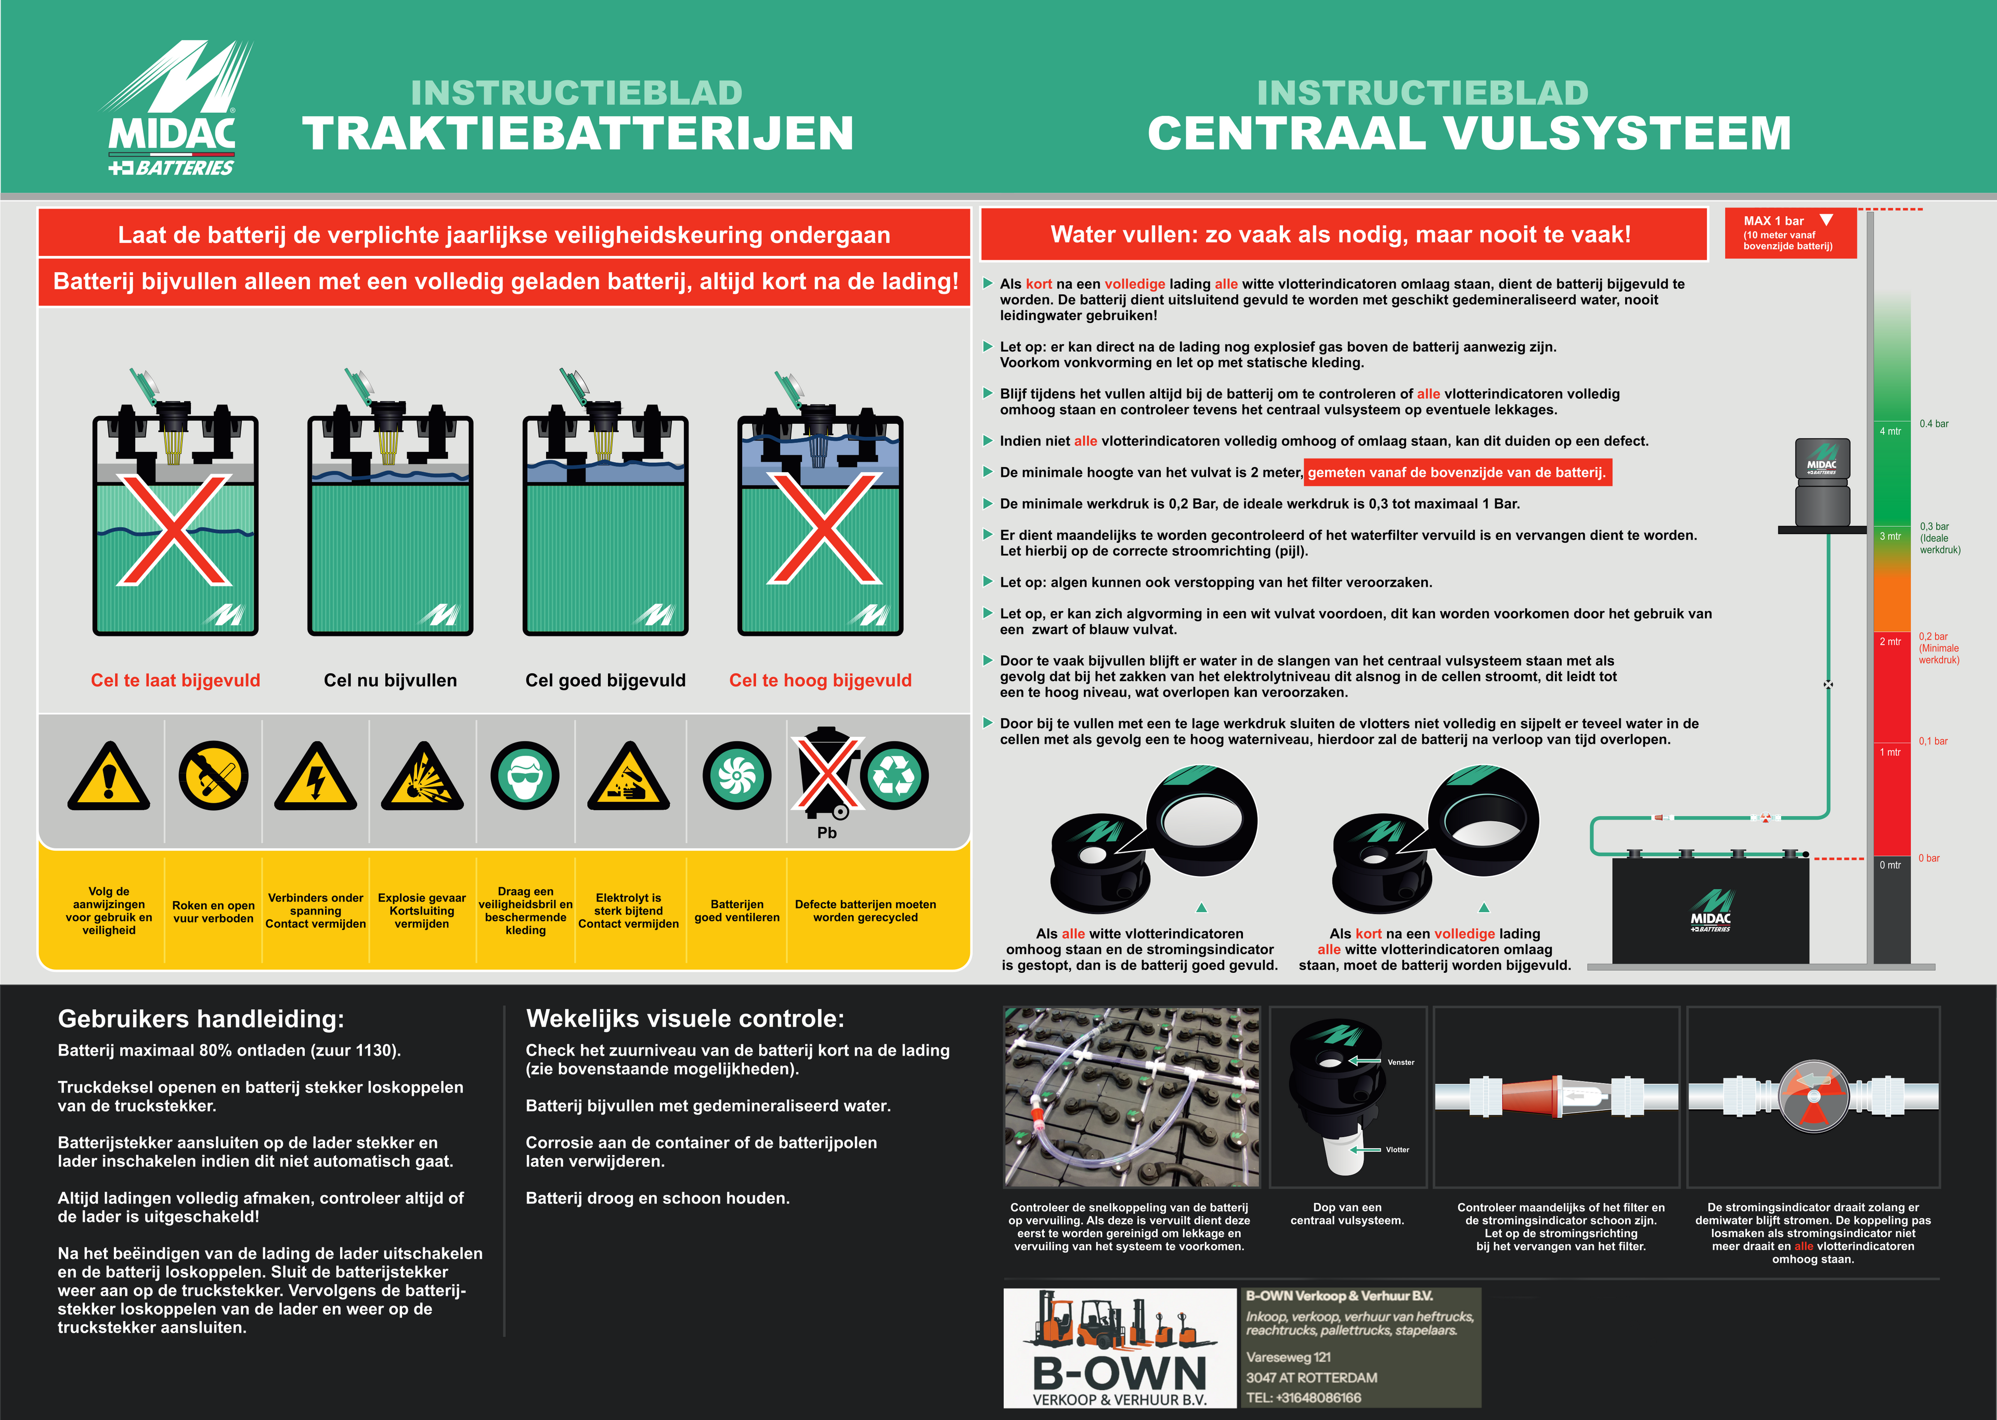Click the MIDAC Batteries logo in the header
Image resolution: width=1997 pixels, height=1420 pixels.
[x=175, y=109]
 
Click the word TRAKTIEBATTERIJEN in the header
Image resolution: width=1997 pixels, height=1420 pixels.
[x=578, y=134]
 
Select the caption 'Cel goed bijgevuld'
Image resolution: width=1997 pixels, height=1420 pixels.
[x=605, y=680]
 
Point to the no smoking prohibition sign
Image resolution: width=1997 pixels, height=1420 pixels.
[x=213, y=776]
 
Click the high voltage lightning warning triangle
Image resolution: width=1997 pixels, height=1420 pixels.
[x=316, y=777]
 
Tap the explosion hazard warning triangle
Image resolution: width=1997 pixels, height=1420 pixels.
[x=422, y=777]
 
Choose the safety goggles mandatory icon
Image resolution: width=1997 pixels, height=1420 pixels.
[x=525, y=776]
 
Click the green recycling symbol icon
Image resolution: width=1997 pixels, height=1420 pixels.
[x=894, y=776]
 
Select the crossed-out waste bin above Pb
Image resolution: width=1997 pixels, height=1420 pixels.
[x=824, y=770]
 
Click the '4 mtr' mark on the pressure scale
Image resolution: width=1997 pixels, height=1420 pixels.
[x=1890, y=431]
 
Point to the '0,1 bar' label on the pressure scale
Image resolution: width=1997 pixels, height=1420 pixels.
[x=1933, y=741]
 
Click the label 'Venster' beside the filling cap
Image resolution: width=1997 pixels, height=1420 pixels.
[x=1401, y=1062]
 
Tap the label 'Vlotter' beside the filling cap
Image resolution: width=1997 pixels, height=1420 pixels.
[x=1397, y=1150]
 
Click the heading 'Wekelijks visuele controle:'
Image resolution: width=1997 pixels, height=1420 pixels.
[x=684, y=1019]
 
